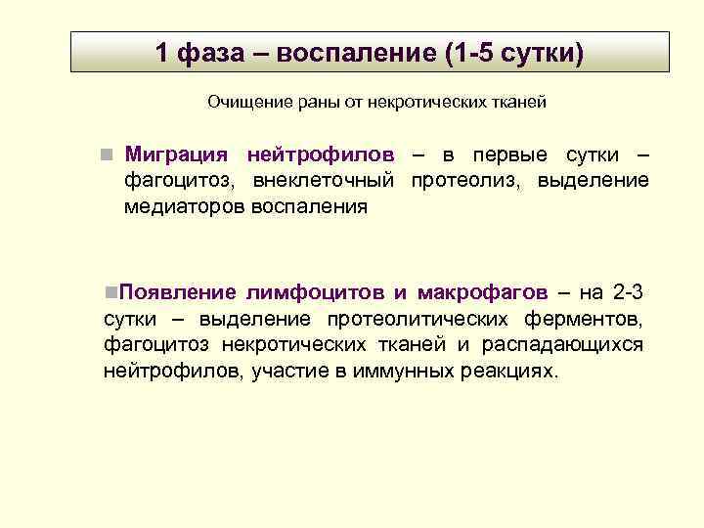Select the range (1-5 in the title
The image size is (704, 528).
(468, 52)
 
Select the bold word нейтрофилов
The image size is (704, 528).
(321, 155)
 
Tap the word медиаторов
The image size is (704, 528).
(184, 206)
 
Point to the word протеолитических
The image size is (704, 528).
(418, 319)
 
